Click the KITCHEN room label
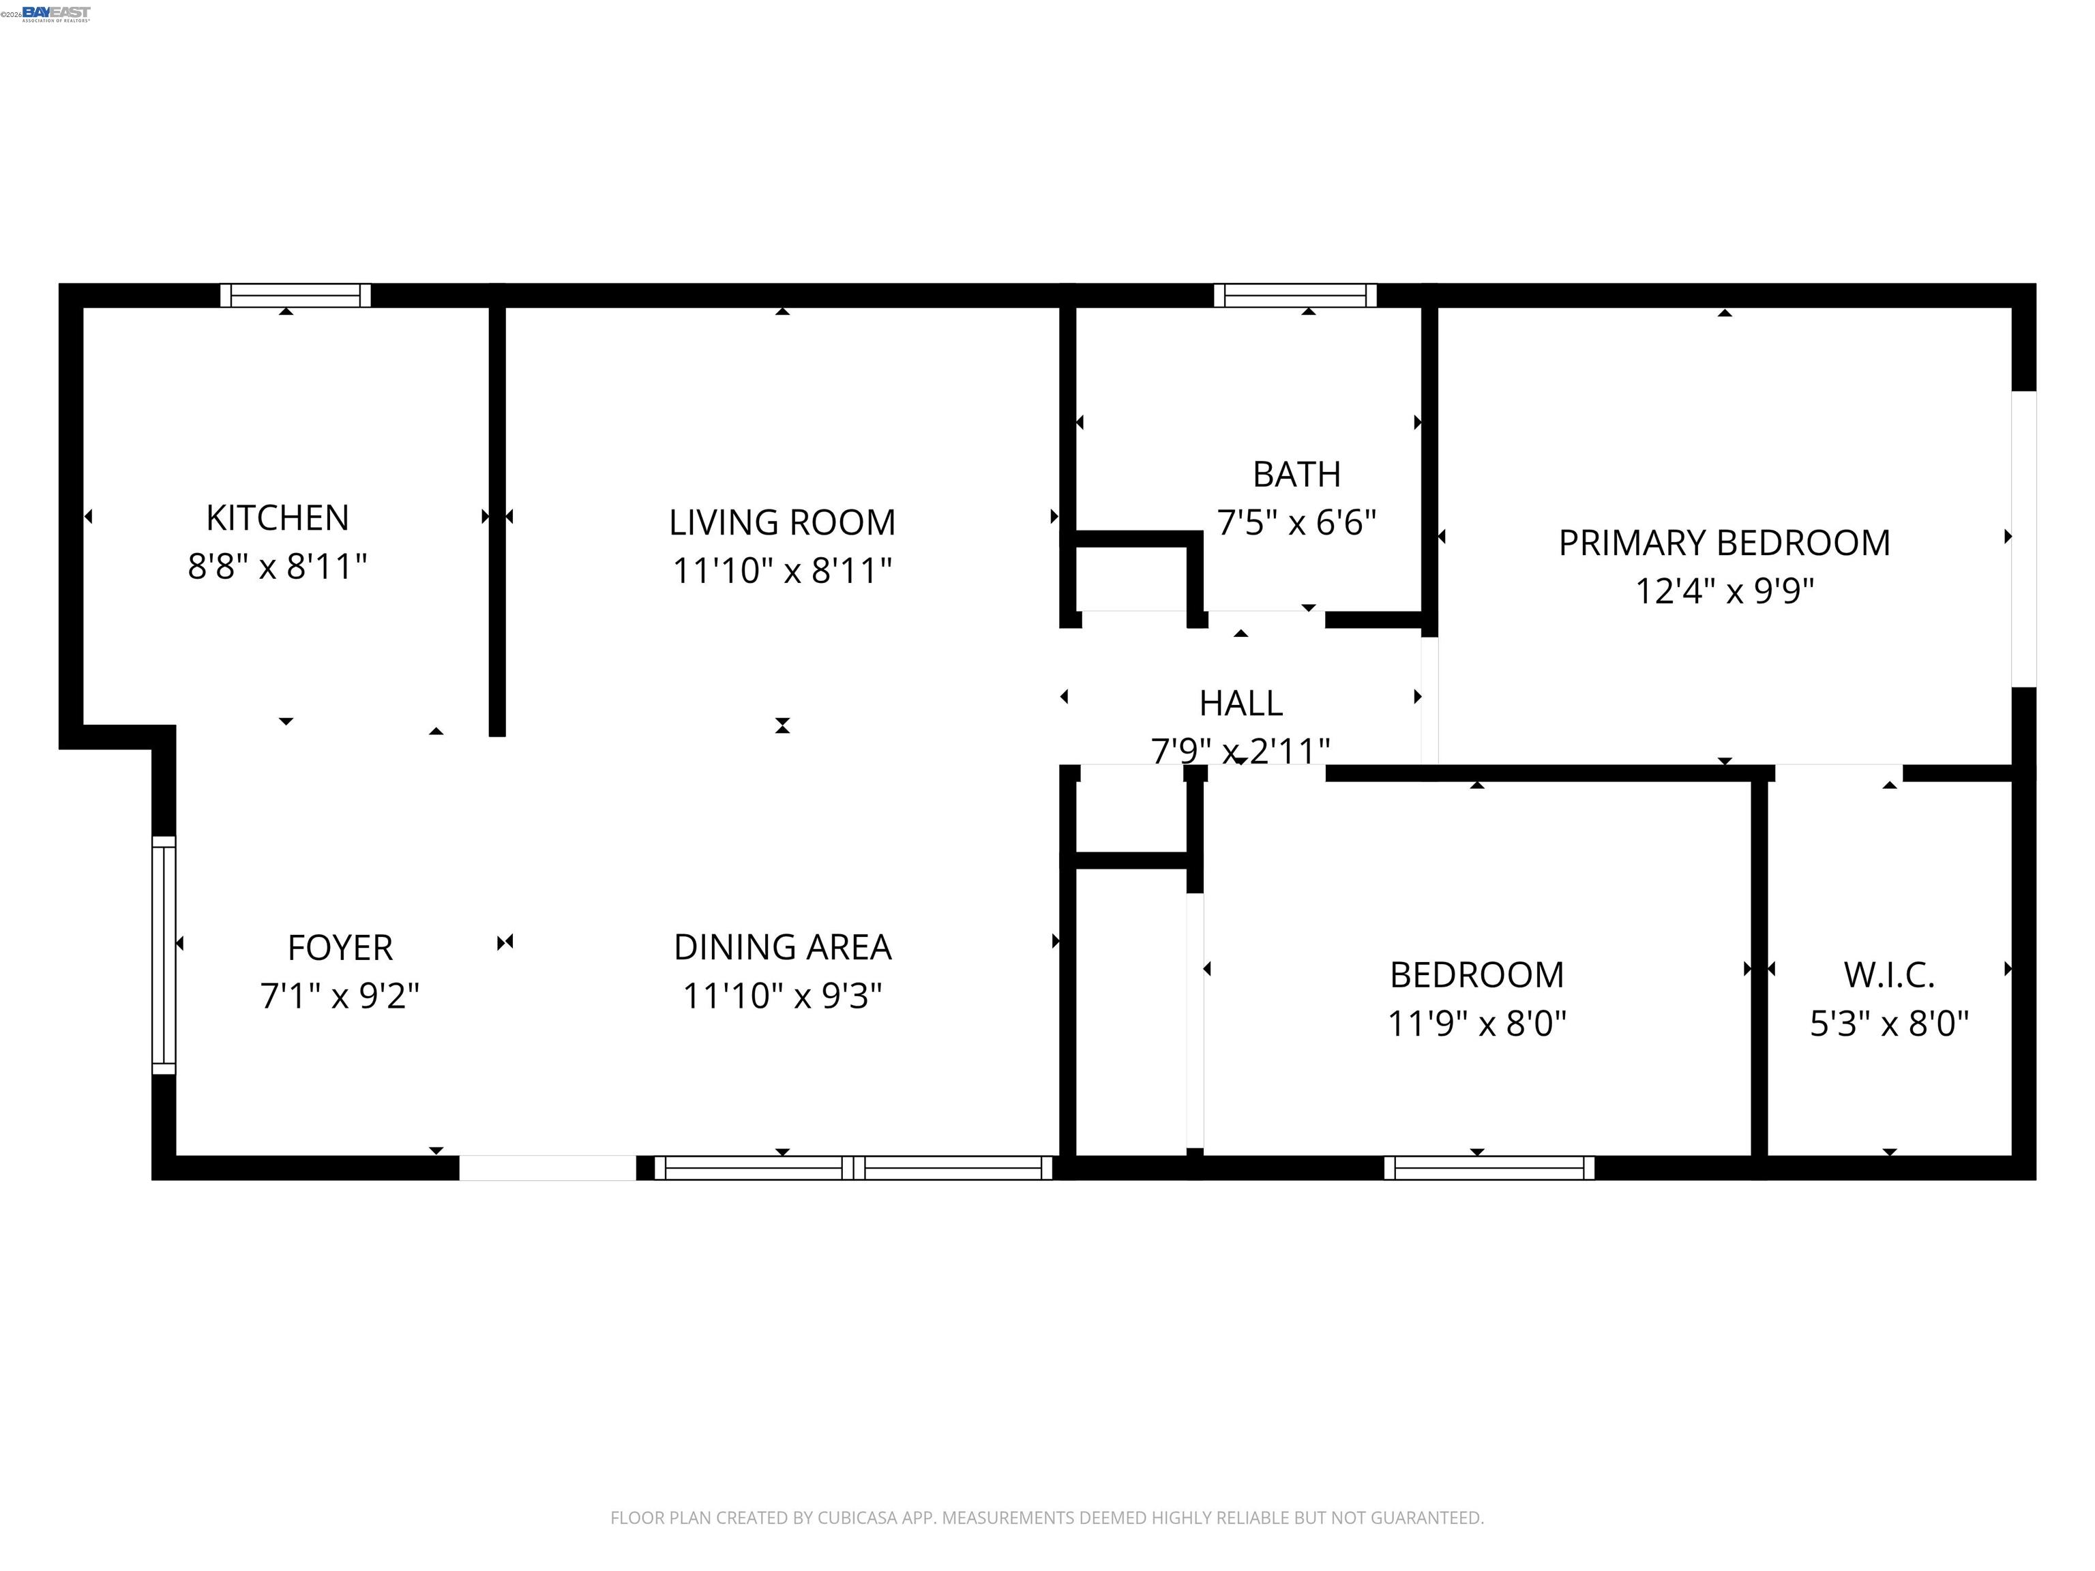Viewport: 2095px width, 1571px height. click(278, 518)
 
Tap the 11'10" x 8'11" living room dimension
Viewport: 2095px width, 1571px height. click(782, 571)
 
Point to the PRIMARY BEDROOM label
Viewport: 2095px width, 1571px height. click(1724, 543)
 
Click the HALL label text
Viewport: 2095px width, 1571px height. click(1240, 704)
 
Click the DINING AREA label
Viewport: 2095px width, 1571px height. click(782, 947)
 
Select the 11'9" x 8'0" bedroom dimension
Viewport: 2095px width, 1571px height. click(1476, 1023)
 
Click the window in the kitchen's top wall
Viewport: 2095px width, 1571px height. click(295, 295)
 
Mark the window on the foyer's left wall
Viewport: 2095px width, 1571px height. click(164, 955)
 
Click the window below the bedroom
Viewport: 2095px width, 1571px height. click(1489, 1167)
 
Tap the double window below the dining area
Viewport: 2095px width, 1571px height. click(853, 1167)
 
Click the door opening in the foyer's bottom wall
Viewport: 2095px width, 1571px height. click(548, 1167)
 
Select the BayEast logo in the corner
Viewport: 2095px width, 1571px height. click(56, 13)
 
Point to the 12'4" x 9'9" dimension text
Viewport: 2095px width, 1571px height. click(1724, 592)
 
